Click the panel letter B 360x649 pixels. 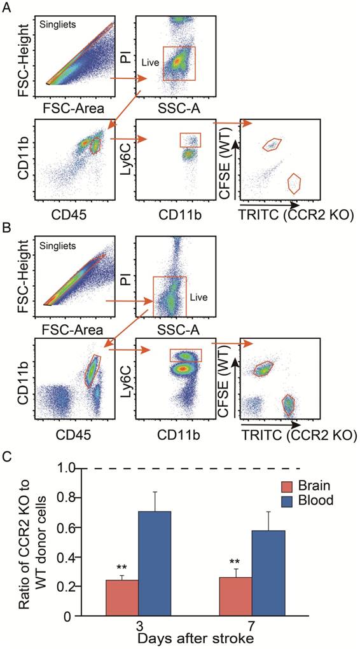[8, 224]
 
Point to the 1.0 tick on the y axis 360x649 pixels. [75, 468]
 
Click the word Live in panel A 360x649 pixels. [149, 63]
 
